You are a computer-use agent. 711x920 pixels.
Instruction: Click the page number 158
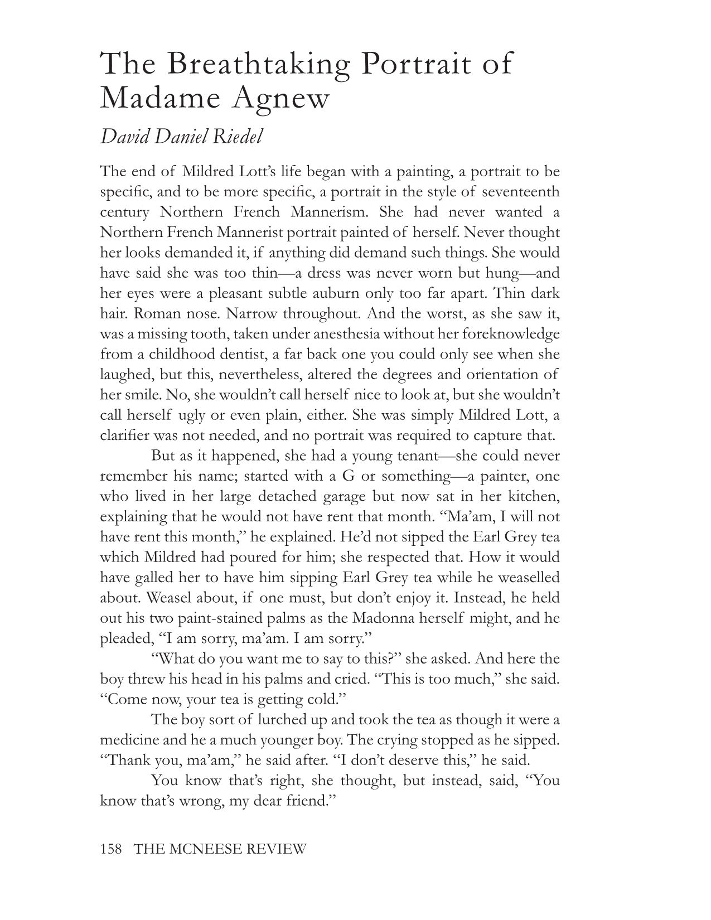(112, 849)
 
